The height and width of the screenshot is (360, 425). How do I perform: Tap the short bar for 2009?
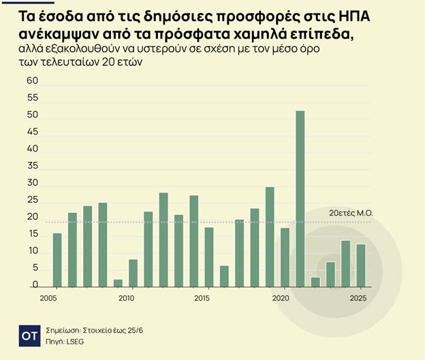[x=118, y=283]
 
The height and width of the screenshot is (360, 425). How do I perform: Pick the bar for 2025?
[x=361, y=265]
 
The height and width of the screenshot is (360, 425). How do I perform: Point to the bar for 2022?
[x=315, y=282]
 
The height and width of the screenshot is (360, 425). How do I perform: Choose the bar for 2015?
[x=209, y=257]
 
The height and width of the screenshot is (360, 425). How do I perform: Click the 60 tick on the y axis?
[x=32, y=80]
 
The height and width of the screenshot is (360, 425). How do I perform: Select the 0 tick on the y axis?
[x=35, y=287]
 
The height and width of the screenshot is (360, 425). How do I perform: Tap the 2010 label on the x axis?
[x=125, y=299]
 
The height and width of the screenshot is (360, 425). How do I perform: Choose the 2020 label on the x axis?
[x=281, y=299]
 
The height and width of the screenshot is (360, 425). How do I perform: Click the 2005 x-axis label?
[x=48, y=299]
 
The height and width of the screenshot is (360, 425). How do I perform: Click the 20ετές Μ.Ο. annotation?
[x=351, y=213]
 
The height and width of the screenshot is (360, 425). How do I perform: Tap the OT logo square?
[x=29, y=336]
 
